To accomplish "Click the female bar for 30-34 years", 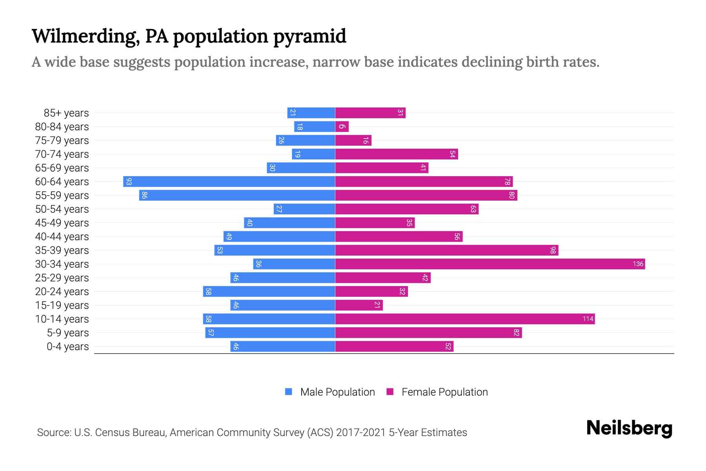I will click(490, 264).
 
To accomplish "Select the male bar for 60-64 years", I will click(229, 181).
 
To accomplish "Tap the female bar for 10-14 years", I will click(465, 319).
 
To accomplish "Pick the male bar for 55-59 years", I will click(237, 195).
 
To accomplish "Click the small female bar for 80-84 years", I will click(342, 126).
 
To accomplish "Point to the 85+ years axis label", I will click(66, 113).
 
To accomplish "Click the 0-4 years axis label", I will click(67, 347).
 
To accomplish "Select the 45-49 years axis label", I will click(62, 223).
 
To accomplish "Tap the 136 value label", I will click(638, 264).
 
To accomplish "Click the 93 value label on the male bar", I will click(129, 181).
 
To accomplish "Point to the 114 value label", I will click(588, 319).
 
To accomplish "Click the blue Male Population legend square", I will click(289, 392).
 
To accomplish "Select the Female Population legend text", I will click(444, 392).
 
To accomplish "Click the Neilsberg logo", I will click(629, 428).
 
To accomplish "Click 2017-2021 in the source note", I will click(361, 433).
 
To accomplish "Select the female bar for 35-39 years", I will click(446, 250).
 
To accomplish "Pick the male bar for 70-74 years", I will click(313, 154).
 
